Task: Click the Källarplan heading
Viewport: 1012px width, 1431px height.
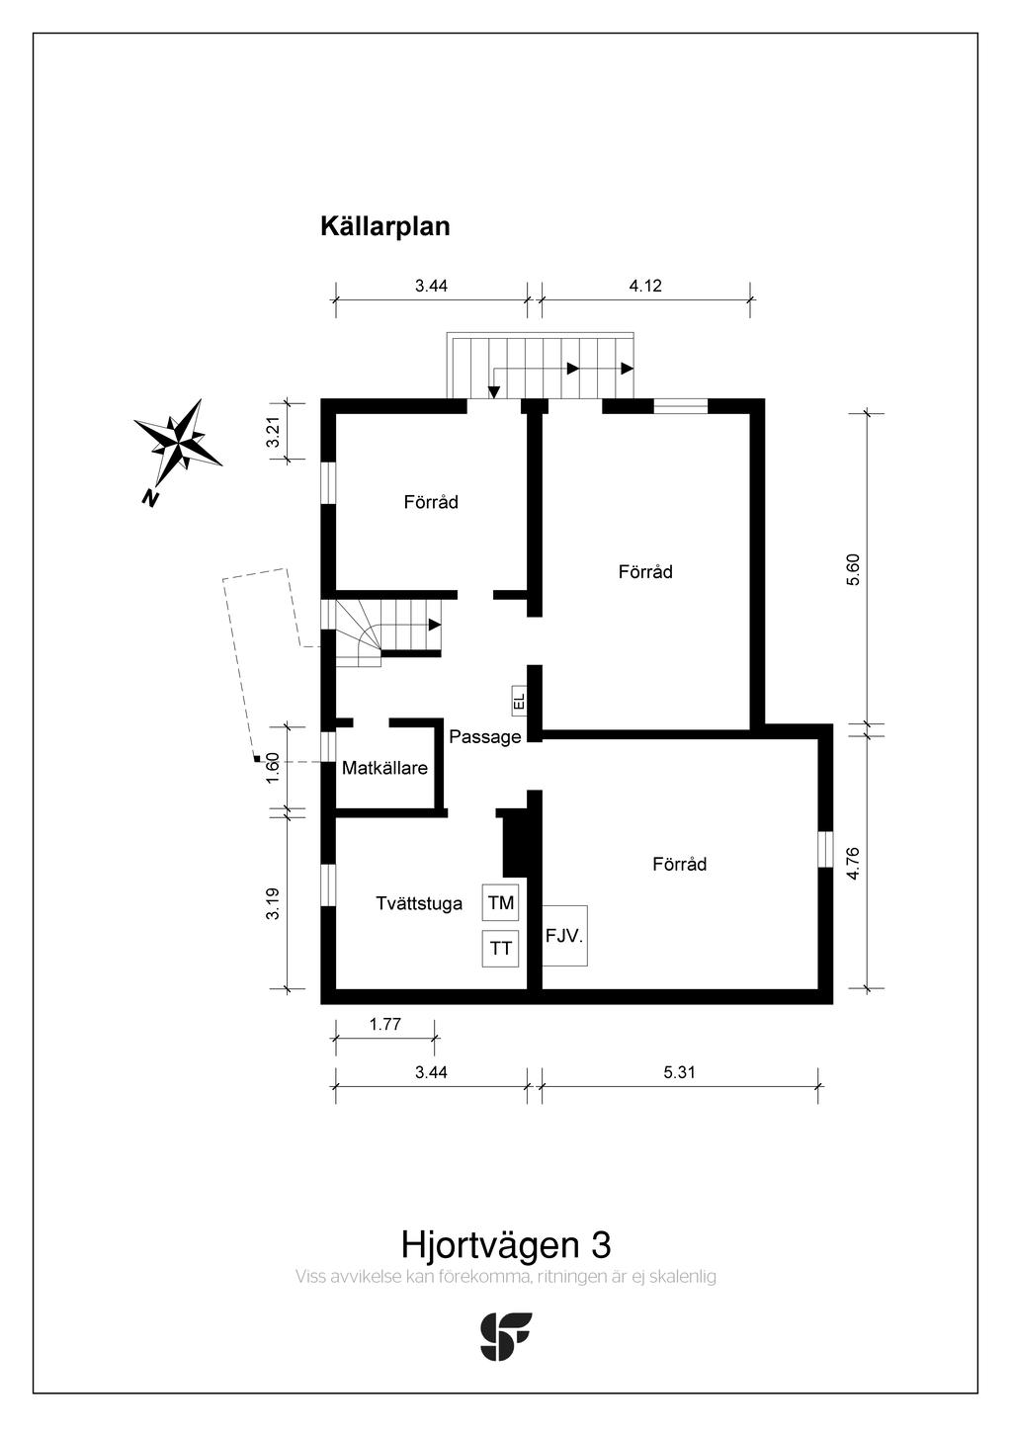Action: pyautogui.click(x=384, y=226)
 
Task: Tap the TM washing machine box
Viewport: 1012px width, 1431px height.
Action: pyautogui.click(x=501, y=902)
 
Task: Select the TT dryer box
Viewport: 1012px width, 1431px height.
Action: pyautogui.click(x=501, y=949)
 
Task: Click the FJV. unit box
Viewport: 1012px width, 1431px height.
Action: pyautogui.click(x=565, y=935)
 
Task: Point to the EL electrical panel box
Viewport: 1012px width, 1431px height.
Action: pyautogui.click(x=519, y=701)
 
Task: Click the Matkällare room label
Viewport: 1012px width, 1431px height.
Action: pyautogui.click(x=384, y=768)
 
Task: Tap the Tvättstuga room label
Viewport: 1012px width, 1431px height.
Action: pyautogui.click(x=419, y=903)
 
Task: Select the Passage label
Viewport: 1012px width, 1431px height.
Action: pyautogui.click(x=484, y=737)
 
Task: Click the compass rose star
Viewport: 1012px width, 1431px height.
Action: pyautogui.click(x=179, y=436)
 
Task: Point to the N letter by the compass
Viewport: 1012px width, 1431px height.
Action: pyautogui.click(x=150, y=498)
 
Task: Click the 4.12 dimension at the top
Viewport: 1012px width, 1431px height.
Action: pyautogui.click(x=644, y=287)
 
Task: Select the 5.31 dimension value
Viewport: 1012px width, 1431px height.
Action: pyautogui.click(x=679, y=1072)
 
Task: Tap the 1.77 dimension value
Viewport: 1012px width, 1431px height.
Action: pyautogui.click(x=384, y=1025)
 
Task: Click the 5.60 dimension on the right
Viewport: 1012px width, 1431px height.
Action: pyautogui.click(x=854, y=569)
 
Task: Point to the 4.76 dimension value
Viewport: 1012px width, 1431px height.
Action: pyautogui.click(x=854, y=863)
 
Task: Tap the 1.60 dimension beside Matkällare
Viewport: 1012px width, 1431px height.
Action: pyautogui.click(x=274, y=767)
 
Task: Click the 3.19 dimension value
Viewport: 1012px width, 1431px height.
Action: pyautogui.click(x=274, y=903)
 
